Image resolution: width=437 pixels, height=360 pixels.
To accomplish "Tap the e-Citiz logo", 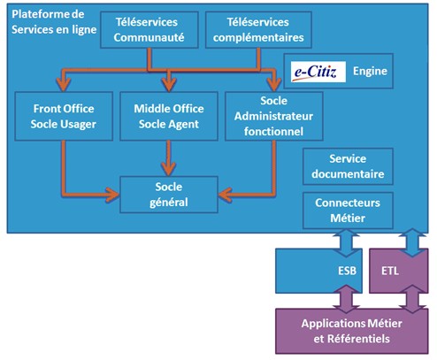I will [x=315, y=69].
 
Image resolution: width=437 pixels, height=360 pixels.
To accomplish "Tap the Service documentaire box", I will [x=348, y=165].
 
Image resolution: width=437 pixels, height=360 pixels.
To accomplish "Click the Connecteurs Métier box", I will [x=348, y=210].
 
